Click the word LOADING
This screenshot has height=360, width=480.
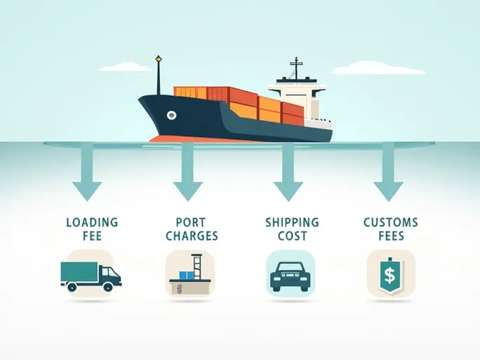coord(92,222)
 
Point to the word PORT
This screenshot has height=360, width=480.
coord(187,222)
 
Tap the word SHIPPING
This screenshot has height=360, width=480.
coord(292,222)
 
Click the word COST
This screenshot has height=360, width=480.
coord(292,236)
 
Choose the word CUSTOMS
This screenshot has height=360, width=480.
coord(391,222)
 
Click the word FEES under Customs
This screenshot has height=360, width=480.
coord(391,236)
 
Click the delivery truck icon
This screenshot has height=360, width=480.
coord(91,274)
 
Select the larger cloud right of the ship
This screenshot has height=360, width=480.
coord(378,69)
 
